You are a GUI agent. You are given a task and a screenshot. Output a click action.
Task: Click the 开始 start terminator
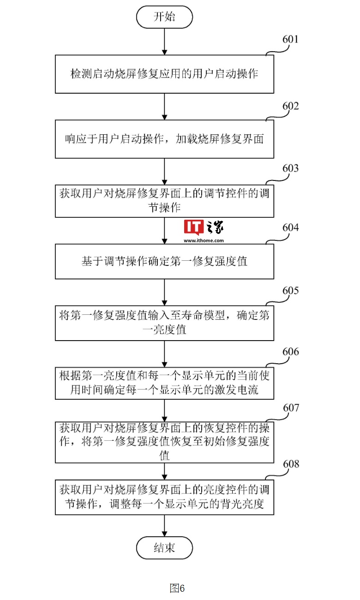164,17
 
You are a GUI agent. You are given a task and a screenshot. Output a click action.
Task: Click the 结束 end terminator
164,547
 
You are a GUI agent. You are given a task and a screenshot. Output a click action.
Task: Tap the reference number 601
290,39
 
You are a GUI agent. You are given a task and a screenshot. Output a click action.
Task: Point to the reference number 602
290,106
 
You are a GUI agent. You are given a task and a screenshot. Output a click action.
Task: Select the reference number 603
290,168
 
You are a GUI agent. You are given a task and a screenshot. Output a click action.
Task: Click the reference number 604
290,228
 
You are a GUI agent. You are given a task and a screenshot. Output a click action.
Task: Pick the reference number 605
290,291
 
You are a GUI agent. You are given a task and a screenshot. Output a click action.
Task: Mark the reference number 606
290,352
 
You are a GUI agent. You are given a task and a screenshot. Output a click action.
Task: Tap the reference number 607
291,408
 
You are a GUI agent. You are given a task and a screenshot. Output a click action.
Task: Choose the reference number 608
291,464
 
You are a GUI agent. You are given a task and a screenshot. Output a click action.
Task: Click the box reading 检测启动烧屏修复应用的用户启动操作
164,74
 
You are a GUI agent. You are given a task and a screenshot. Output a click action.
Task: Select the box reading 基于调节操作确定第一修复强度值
164,261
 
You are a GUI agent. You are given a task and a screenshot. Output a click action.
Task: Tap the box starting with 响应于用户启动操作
164,139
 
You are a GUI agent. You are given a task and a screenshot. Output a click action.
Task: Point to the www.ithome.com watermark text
204,240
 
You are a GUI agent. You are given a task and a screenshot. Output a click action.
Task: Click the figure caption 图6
177,588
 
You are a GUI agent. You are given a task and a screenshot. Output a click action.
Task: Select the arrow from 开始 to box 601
164,42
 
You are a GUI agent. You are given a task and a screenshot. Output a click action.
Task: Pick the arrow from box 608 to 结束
164,526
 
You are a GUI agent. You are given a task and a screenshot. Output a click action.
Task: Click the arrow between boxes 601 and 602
164,107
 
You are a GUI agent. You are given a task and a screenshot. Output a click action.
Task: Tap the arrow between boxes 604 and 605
164,292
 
